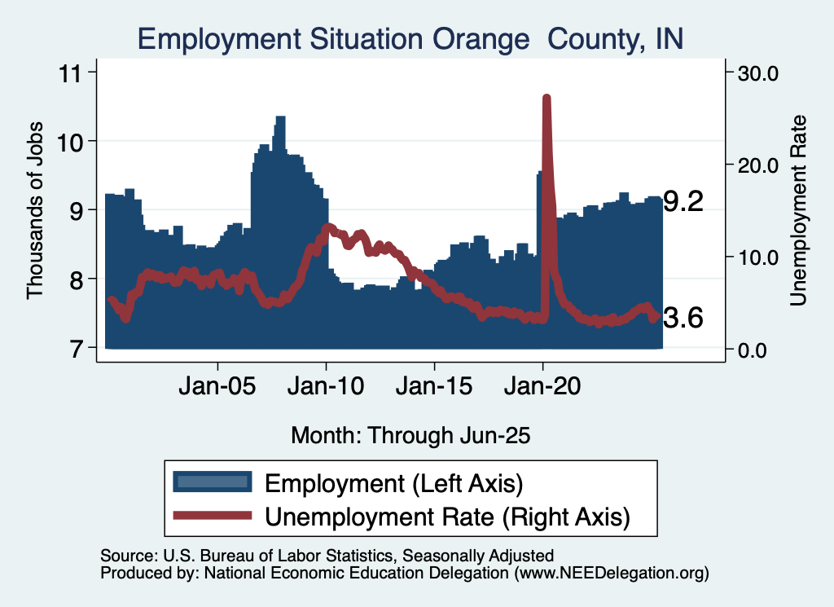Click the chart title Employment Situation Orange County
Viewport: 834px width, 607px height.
[x=410, y=38]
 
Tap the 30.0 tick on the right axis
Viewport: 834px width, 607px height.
[x=758, y=73]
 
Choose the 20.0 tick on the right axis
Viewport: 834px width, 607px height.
[x=758, y=165]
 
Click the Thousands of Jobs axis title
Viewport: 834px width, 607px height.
[x=35, y=210]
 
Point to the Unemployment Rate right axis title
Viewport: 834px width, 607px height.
[x=799, y=210]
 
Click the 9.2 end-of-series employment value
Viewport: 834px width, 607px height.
[x=683, y=202]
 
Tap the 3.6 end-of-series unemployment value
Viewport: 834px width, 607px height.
[x=683, y=319]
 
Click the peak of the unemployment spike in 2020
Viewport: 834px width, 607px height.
[x=546, y=98]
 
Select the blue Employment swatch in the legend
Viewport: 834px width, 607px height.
[x=211, y=482]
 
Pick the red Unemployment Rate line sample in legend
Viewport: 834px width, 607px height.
[x=211, y=515]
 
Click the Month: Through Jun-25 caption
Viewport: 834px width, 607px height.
[x=410, y=435]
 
